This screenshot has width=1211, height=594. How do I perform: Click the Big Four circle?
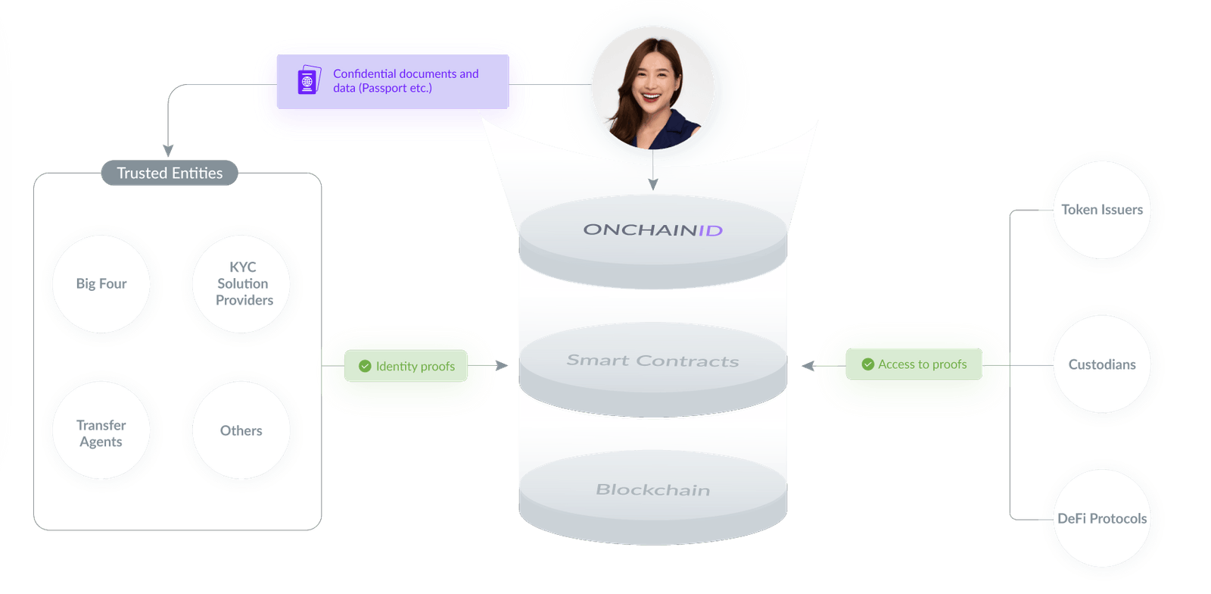pyautogui.click(x=101, y=284)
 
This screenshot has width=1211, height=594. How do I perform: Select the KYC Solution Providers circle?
pyautogui.click(x=243, y=284)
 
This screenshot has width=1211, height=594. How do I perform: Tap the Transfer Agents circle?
pyautogui.click(x=101, y=433)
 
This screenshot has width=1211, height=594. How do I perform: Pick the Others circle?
pyautogui.click(x=241, y=431)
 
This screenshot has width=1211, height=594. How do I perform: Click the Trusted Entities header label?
pyautogui.click(x=170, y=174)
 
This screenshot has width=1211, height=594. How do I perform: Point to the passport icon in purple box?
pyautogui.click(x=308, y=80)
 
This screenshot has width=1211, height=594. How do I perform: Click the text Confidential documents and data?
pyautogui.click(x=406, y=81)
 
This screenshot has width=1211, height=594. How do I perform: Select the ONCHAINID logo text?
pyautogui.click(x=652, y=230)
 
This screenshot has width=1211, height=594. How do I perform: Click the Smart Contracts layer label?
pyautogui.click(x=652, y=361)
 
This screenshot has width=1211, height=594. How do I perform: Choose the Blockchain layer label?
pyautogui.click(x=652, y=490)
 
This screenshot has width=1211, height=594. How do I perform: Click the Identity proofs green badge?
pyautogui.click(x=406, y=367)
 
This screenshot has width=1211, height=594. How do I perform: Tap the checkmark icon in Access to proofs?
pyautogui.click(x=868, y=364)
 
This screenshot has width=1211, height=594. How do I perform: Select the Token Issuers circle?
pyautogui.click(x=1102, y=211)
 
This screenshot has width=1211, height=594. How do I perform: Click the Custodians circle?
pyautogui.click(x=1102, y=365)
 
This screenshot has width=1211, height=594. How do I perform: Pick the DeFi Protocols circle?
pyautogui.click(x=1102, y=519)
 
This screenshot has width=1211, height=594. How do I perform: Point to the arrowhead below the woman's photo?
pyautogui.click(x=653, y=184)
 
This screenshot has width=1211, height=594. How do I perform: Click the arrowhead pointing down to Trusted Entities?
pyautogui.click(x=168, y=151)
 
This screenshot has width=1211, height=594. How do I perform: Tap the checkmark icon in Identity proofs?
pyautogui.click(x=365, y=367)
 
